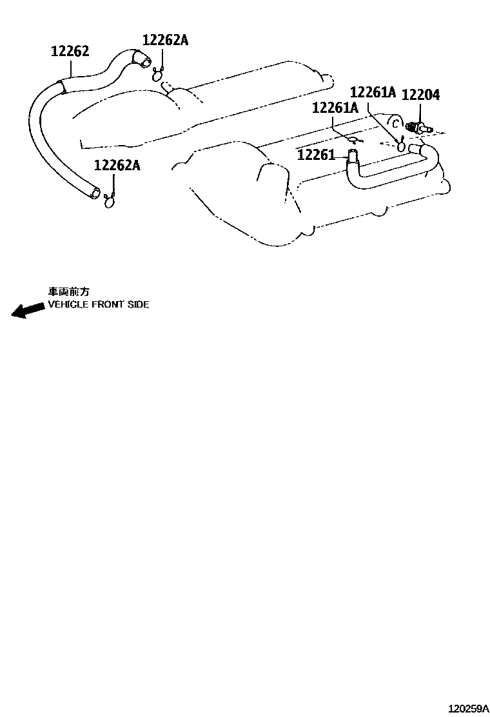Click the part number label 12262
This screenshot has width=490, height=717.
70,51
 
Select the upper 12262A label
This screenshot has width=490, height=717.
165,41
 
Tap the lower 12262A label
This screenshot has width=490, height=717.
117,165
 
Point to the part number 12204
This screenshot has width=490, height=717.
420,95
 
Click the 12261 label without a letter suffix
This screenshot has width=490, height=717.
317,155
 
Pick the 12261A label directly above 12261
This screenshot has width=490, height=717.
335,108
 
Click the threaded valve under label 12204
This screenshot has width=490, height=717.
416,128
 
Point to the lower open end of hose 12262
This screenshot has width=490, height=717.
96,192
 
